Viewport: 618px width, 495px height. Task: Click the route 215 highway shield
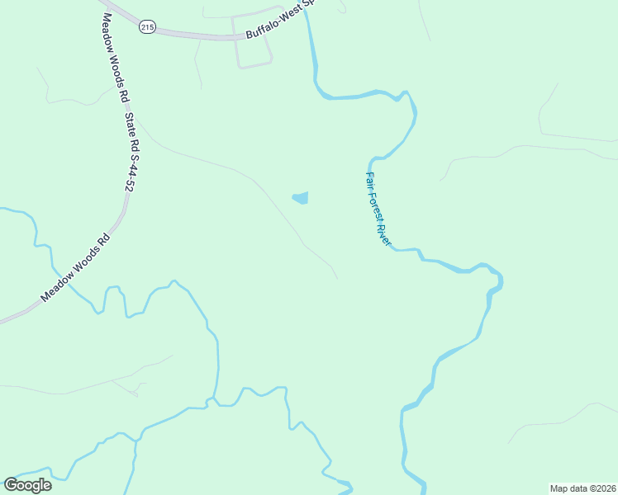tap(147, 27)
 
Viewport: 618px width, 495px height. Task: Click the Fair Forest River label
tap(378, 209)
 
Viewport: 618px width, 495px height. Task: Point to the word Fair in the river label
tap(371, 181)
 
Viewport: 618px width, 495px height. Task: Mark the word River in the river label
tap(383, 234)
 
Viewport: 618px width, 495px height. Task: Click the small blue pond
tap(301, 198)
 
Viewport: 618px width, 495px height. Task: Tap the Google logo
tap(27, 484)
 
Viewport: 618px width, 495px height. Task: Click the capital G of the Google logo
tap(11, 484)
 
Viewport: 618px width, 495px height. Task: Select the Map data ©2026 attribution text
tap(582, 488)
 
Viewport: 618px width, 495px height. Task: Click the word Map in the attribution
tap(559, 488)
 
